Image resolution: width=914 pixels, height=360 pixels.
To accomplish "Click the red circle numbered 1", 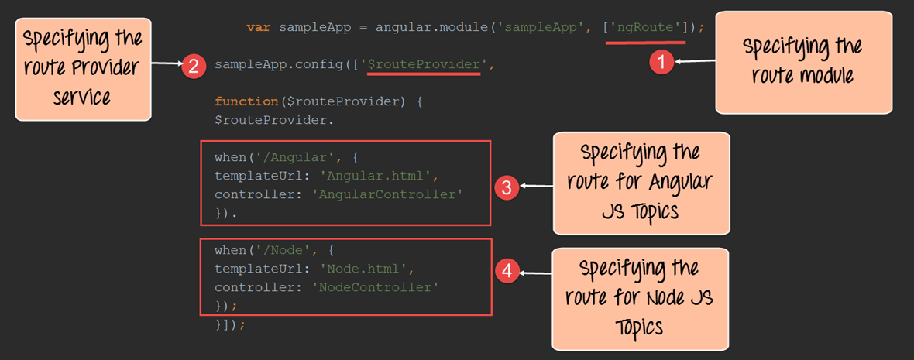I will pos(660,62).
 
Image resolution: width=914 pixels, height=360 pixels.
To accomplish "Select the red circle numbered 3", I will pos(506,187).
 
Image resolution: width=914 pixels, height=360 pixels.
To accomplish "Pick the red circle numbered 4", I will pos(507,271).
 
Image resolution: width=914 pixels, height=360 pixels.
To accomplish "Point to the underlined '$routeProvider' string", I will pos(423,65).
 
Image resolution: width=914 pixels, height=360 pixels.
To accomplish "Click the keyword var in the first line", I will pos(259,28).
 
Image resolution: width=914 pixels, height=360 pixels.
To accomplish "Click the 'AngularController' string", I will pos(387,194).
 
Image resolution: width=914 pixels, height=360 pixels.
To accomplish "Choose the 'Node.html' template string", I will pos(365,269).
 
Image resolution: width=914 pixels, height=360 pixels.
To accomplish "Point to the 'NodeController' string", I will pos(376,287).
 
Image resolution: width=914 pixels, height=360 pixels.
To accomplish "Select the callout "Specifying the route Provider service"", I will pos(83,68).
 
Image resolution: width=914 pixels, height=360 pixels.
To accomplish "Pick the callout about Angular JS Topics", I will pos(641,183).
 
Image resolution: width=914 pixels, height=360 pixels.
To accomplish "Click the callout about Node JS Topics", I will pos(640,298).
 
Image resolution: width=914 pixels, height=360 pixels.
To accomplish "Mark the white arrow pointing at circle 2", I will pos(167,65).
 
